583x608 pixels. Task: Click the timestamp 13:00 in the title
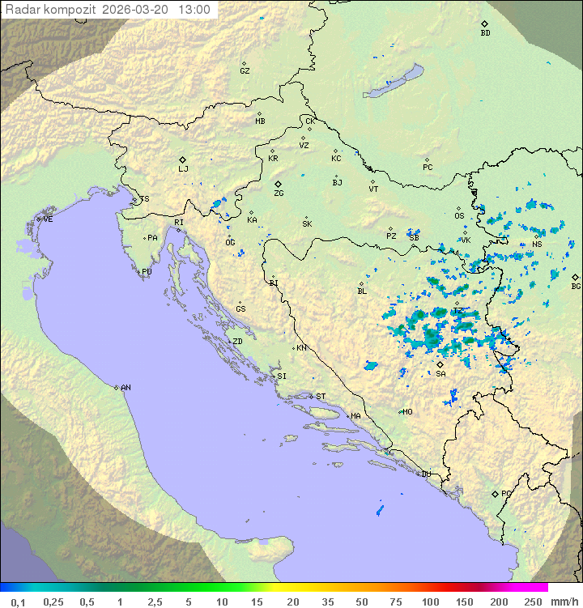click(194, 10)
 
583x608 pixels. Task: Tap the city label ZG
click(279, 193)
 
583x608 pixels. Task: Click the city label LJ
click(183, 169)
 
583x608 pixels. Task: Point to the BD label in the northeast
click(485, 33)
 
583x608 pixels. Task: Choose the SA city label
click(440, 374)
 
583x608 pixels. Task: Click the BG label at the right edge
click(576, 286)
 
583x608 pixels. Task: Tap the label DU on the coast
click(426, 474)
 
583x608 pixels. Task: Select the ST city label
click(321, 397)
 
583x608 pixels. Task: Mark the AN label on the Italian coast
click(126, 388)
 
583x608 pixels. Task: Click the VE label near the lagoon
click(48, 219)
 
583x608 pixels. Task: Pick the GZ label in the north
click(245, 71)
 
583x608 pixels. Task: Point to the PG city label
click(506, 493)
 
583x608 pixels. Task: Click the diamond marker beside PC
click(427, 159)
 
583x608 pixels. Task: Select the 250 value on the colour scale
click(533, 602)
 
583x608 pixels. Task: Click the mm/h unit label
click(562, 602)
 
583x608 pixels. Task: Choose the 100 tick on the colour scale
click(430, 602)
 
